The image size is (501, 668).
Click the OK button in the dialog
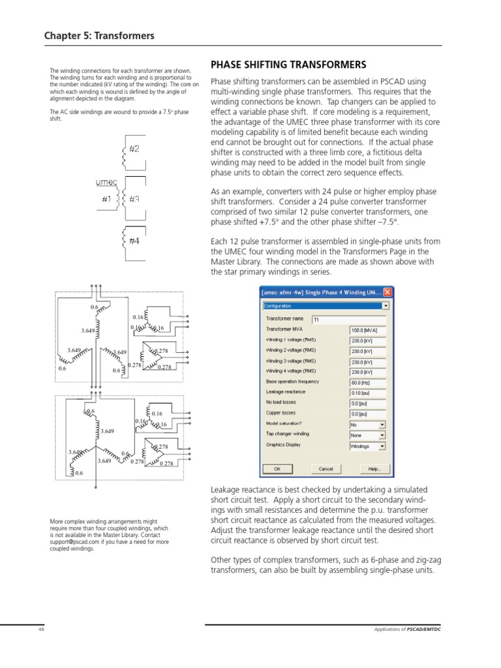coord(277,468)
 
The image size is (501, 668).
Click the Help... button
coord(374,468)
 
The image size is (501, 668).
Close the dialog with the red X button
coord(387,292)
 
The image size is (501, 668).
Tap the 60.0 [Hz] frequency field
coord(368,382)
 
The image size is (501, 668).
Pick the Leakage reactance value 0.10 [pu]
coord(368,392)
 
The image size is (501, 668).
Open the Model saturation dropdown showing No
coord(368,423)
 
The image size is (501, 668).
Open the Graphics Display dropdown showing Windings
coord(368,446)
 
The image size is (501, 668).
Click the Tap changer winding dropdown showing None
coord(368,434)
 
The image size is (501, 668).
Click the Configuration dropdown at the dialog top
coord(326,305)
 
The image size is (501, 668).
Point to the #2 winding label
coord(134,149)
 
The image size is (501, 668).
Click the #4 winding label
coord(134,241)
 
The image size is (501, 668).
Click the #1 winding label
coord(106,198)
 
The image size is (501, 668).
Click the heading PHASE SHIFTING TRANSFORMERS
coord(288,65)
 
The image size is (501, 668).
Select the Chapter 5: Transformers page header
coord(99,35)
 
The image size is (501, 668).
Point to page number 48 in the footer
coord(40,629)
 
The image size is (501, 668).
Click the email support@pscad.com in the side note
coord(74,541)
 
